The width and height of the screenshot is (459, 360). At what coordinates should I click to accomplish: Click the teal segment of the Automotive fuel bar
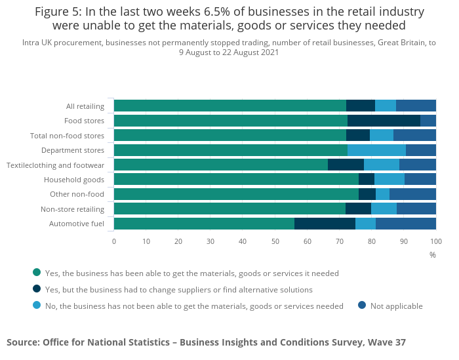point(204,224)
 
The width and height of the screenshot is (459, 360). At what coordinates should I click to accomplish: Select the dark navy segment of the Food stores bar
point(384,121)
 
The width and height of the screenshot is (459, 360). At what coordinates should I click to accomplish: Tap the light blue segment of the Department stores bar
point(376,150)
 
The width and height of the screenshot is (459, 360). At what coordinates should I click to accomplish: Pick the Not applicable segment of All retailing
point(416,106)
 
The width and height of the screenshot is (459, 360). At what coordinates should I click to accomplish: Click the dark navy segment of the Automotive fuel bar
point(325,224)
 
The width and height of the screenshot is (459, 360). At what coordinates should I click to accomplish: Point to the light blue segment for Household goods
point(389,179)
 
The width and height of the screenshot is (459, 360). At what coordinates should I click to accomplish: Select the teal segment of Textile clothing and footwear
point(221,165)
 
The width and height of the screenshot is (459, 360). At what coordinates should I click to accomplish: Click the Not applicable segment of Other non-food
point(412,194)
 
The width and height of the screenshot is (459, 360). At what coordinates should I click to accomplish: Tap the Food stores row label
point(84,121)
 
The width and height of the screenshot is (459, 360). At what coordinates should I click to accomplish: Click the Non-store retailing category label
point(72,209)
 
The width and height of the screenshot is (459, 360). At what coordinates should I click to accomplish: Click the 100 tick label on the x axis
point(435,241)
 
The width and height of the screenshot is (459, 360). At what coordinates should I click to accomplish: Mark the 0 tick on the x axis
point(114,241)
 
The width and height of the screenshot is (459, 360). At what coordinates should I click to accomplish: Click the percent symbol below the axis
point(433,254)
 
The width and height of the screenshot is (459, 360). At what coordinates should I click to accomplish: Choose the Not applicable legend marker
point(362,305)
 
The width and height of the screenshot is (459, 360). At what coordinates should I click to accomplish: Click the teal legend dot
point(37,272)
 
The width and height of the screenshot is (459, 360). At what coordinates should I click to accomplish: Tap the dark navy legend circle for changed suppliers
point(37,289)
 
